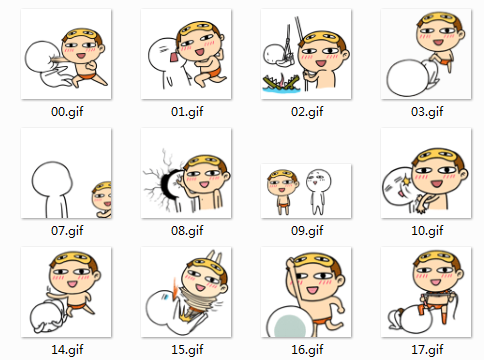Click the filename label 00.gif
click(67, 112)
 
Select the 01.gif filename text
click(187, 112)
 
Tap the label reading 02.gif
click(307, 112)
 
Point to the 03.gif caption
click(427, 112)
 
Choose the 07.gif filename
click(67, 231)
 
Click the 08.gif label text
click(187, 231)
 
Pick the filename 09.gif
click(307, 231)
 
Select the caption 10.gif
click(427, 231)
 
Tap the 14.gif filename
click(67, 350)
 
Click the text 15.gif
click(187, 350)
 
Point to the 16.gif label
click(307, 350)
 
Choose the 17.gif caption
click(427, 350)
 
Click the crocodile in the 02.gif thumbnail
click(282, 83)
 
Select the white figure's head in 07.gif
click(52, 178)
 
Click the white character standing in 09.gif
click(318, 191)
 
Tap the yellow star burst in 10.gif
click(406, 181)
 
